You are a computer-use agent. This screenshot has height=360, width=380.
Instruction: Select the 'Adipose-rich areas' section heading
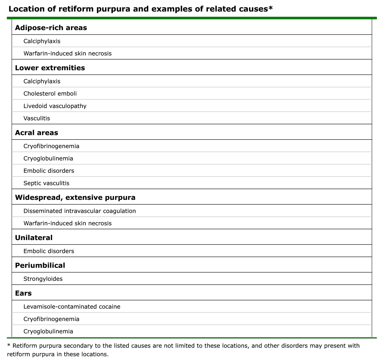tap(51, 28)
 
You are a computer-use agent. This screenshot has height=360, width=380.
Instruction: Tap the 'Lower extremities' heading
tap(50, 68)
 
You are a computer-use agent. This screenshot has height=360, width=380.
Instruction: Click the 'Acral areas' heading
tap(36, 133)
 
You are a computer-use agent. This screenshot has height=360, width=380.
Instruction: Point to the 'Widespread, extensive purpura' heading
tap(75, 198)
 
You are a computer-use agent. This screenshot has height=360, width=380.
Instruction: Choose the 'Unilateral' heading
tap(34, 238)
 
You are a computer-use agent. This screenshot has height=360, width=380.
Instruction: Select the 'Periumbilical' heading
tap(40, 265)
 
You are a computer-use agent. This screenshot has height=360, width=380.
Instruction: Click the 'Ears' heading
tap(23, 293)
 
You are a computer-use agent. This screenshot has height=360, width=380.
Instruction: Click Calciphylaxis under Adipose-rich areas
tap(42, 41)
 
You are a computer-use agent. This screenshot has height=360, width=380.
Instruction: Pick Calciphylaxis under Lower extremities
tap(42, 81)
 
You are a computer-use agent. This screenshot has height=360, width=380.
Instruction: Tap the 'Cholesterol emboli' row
tap(50, 94)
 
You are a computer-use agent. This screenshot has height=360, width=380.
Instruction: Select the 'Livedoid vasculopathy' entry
tap(55, 106)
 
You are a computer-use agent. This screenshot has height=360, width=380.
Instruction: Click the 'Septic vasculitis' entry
tap(46, 183)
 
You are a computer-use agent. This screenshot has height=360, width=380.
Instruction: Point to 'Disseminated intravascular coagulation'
tap(79, 211)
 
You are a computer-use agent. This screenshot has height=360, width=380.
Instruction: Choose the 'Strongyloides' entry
tap(43, 279)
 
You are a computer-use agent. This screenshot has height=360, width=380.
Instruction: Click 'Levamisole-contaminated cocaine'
tap(72, 307)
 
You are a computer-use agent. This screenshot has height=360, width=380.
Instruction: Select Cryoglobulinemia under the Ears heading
tap(48, 331)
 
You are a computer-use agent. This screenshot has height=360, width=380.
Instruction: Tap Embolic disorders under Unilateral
tap(49, 251)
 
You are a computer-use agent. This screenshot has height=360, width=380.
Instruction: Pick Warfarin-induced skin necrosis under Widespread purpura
tap(68, 223)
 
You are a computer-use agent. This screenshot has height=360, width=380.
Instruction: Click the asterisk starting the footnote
tap(9, 345)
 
